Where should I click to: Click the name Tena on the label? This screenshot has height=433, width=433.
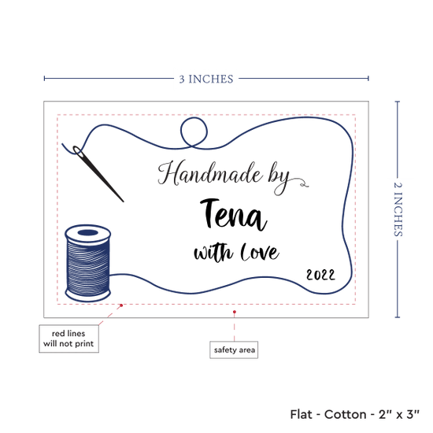pos(233,215)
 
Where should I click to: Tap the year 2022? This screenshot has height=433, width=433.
pos(320,275)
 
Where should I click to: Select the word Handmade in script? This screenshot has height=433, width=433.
pos(210,173)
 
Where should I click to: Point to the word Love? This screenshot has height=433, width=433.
pos(260,252)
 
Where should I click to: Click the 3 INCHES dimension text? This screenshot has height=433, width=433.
pos(206,80)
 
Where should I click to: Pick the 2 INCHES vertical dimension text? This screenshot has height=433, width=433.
pos(398,209)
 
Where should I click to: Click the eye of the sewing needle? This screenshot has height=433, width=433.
pos(78,151)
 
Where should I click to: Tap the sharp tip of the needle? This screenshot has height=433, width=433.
pos(123,202)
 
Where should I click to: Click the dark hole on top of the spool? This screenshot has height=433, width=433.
pos(88,233)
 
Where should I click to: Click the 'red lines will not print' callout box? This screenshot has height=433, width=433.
pos(68,339)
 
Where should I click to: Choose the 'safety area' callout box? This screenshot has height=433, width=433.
pos(234,350)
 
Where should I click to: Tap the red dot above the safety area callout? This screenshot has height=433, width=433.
pos(234,312)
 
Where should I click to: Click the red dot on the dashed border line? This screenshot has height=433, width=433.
pos(121,305)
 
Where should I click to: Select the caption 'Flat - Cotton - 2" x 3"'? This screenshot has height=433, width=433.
pos(355,414)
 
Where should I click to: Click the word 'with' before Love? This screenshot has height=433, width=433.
pos(213,253)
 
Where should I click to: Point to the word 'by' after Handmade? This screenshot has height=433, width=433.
pos(279,179)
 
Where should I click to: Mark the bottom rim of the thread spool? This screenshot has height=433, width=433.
pos(88,296)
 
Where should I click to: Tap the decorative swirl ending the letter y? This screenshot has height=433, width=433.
pos(301,183)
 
